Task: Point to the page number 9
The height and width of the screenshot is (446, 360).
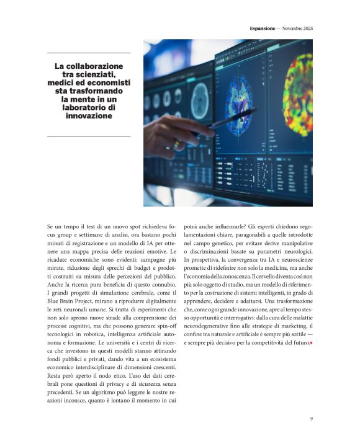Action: pos(311,419)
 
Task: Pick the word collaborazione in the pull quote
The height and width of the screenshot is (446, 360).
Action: pos(94,66)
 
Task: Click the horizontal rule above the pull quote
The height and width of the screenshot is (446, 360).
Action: pos(89,53)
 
